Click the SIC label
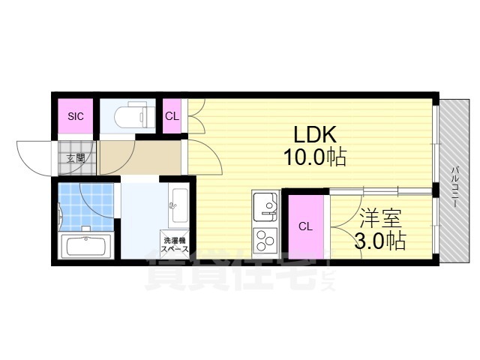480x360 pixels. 76,116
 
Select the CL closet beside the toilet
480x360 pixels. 172,116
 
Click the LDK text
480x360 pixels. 315,135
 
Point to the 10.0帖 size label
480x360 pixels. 315,157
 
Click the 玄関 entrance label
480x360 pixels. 76,158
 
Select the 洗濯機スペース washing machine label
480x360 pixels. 175,244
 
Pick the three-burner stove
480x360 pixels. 265,241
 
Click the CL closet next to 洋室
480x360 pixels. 306,226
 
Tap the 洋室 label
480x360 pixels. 380,218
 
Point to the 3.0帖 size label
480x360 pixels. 380,241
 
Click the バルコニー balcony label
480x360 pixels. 456,187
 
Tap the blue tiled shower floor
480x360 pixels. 86,207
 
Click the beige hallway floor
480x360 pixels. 140,157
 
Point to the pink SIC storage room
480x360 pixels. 76,116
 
